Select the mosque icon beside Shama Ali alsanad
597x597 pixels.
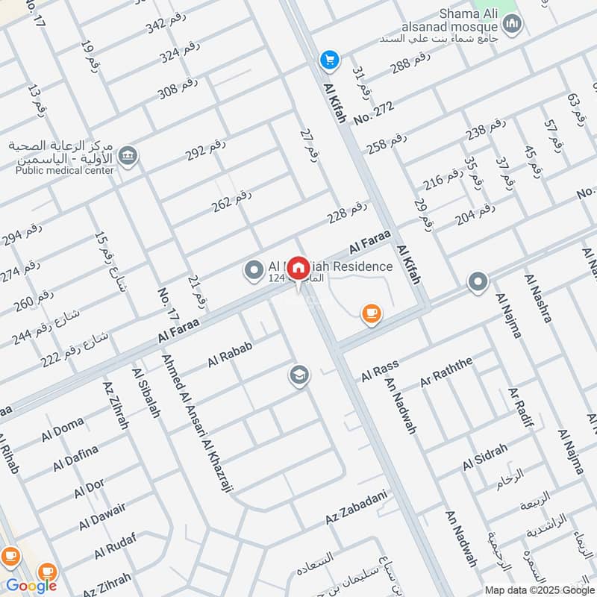tap(512, 25)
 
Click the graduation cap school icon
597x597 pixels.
tap(299, 375)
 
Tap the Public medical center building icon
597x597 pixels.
tap(128, 157)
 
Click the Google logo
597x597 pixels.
tap(31, 586)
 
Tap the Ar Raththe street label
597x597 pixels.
tap(446, 372)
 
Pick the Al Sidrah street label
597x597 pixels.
tap(484, 457)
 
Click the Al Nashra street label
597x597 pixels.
tap(538, 298)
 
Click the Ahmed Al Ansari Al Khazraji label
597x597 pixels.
tap(199, 422)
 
